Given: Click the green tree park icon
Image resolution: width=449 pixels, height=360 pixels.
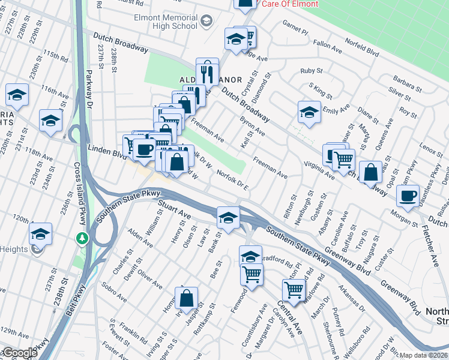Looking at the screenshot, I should tap(82, 239).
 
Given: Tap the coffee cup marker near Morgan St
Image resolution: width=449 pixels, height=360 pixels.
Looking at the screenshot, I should tap(408, 196).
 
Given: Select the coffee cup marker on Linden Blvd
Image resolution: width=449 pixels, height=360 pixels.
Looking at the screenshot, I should tap(144, 149).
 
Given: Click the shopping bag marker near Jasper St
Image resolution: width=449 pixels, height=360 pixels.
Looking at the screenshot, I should tap(187, 298).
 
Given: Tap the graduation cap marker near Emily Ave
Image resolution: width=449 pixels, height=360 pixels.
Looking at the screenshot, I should tap(309, 112).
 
